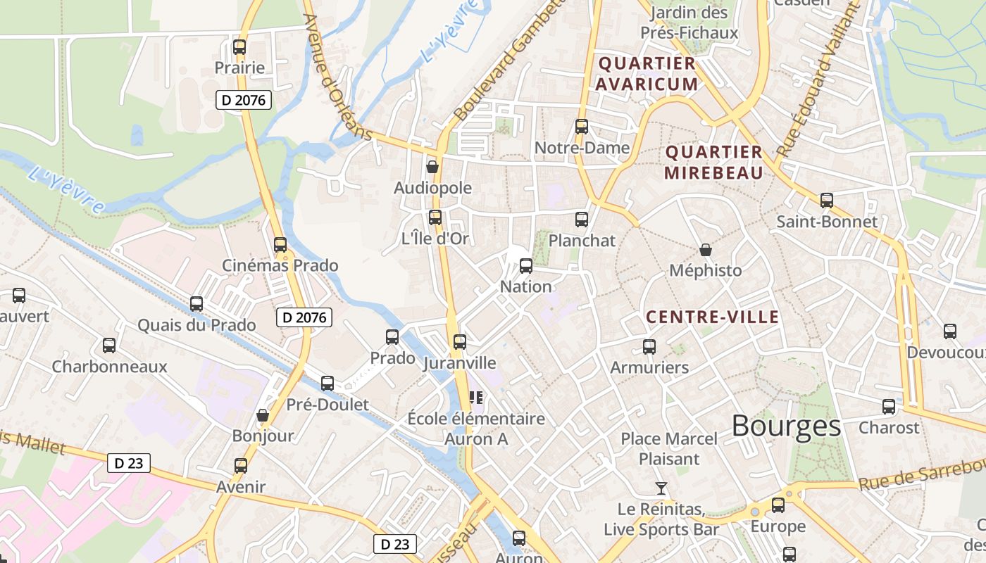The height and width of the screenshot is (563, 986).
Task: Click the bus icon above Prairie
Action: pyautogui.click(x=239, y=47)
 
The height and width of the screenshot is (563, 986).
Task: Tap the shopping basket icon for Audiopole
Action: pyautogui.click(x=432, y=167)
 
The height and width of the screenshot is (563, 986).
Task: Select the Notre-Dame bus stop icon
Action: pyautogui.click(x=582, y=127)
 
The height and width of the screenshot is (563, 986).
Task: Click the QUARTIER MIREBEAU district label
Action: pyautogui.click(x=713, y=163)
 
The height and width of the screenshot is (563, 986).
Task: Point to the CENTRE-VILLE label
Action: pyautogui.click(x=713, y=317)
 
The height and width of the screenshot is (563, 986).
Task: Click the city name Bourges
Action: pyautogui.click(x=786, y=426)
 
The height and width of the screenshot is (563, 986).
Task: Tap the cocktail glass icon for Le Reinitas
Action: pyautogui.click(x=661, y=488)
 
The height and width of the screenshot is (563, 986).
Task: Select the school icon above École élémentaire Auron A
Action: pyautogui.click(x=476, y=398)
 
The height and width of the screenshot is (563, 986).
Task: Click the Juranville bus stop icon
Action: pyautogui.click(x=460, y=342)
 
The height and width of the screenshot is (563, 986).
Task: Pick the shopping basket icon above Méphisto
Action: pyautogui.click(x=705, y=249)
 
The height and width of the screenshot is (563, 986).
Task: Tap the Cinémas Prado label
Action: pyautogui.click(x=280, y=265)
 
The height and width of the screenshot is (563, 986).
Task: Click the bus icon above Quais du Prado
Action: pyautogui.click(x=196, y=304)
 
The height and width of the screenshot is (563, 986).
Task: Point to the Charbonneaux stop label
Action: pyautogui.click(x=109, y=367)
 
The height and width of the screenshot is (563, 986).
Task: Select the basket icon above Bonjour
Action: pyautogui.click(x=263, y=415)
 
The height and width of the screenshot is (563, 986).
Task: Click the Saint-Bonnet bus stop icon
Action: pyautogui.click(x=827, y=201)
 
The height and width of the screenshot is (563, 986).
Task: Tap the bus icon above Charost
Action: pyautogui.click(x=889, y=407)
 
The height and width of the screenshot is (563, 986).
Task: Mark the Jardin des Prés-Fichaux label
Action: pyautogui.click(x=689, y=23)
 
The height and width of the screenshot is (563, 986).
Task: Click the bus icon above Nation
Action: pyautogui.click(x=526, y=266)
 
